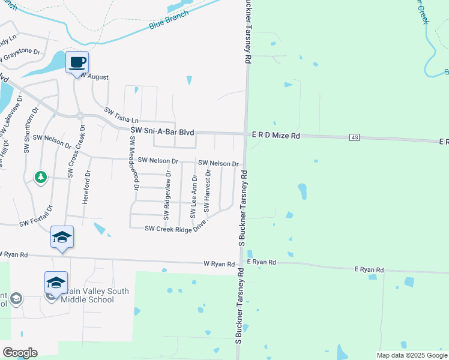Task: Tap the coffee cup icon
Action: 77,62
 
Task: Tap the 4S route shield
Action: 354,138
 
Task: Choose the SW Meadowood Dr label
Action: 134,163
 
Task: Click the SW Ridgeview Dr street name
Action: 167,194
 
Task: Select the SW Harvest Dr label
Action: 207,191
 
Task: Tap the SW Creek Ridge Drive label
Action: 176,226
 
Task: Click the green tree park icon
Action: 40,178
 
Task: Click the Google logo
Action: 20,352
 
